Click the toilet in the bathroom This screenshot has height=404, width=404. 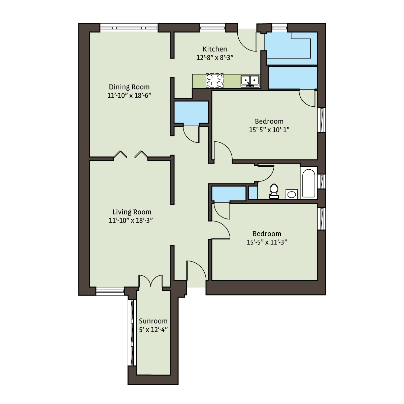pos(274,191)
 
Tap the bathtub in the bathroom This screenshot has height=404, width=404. pos(308,183)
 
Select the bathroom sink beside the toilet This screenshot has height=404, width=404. pos(292,194)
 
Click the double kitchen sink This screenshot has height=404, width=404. pos(250,81)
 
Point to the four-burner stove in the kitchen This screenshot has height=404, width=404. pos(214,81)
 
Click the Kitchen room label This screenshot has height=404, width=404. pos(215,49)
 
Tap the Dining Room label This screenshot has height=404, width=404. pos(129,87)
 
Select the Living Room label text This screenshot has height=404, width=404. pos(132,212)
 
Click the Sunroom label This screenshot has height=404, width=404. pos(153,321)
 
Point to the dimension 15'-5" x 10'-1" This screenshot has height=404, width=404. pos(269,130)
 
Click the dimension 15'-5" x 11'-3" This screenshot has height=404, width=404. pos(267,242)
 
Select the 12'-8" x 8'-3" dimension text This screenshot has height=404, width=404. pos(215,58)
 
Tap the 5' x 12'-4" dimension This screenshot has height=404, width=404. pos(153,330)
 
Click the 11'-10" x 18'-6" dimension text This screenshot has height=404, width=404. pos(129,96)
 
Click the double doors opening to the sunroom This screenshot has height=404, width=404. pos(150,281)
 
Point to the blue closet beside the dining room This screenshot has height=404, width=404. pos(191,112)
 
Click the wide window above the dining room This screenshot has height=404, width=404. pos(129,28)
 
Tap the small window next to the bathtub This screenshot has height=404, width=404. pos(322,181)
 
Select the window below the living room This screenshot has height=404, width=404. pos(110,291)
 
